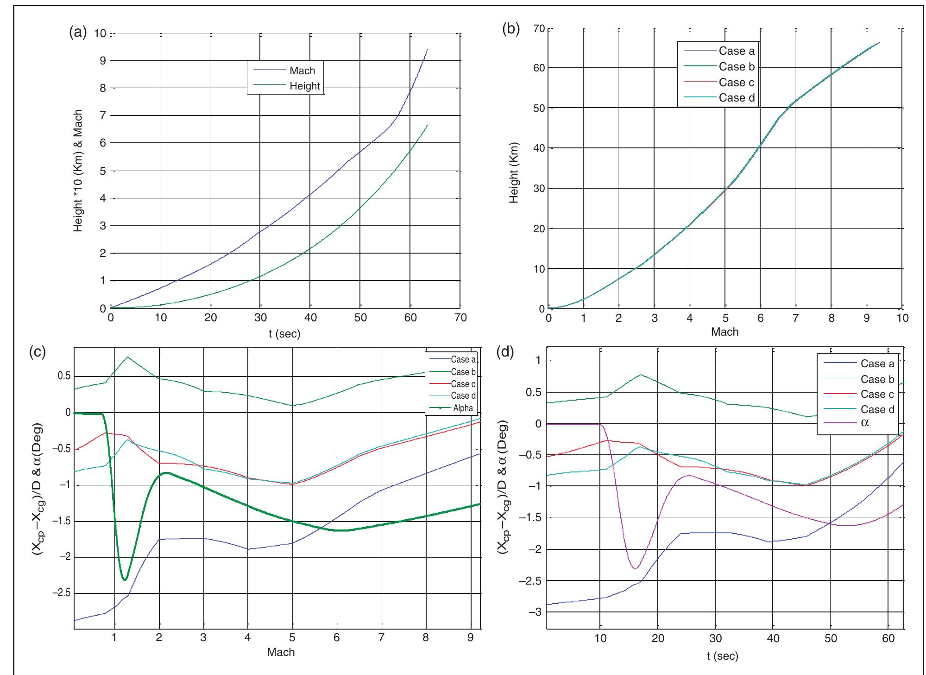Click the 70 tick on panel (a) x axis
pos(460,318)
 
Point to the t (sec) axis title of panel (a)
pos(284,334)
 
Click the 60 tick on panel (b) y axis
pos(538,68)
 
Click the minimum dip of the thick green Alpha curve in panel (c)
pos(124,579)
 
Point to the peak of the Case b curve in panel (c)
pos(127,357)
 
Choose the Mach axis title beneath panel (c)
pos(281,652)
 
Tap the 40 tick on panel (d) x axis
pos(773,638)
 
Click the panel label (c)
pos(37,352)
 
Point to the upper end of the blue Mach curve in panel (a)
pos(427,49)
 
